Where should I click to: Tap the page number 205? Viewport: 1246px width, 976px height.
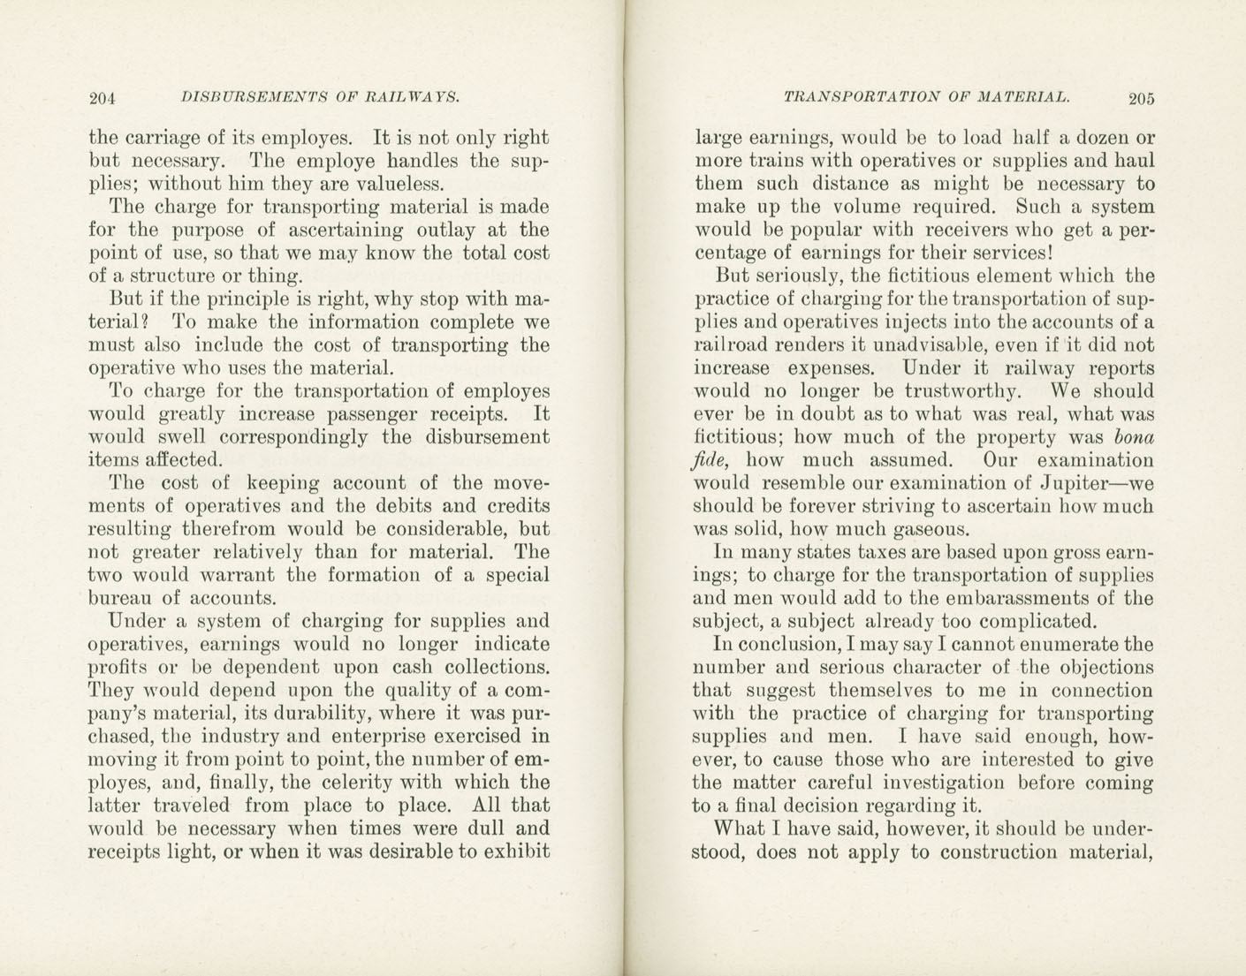click(x=1141, y=99)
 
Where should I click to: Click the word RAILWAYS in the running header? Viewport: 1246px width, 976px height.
click(x=411, y=97)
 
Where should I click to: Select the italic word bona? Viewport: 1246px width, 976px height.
click(x=1135, y=437)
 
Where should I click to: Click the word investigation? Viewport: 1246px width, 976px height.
click(x=945, y=783)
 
